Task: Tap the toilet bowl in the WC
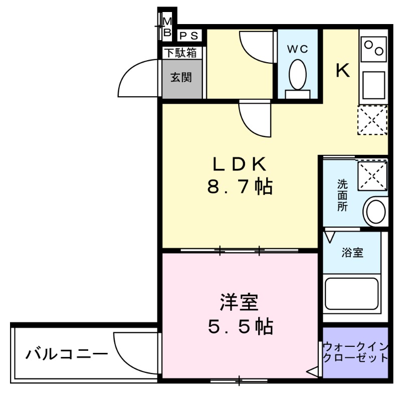coord(298,75)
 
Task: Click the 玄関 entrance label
coord(181,78)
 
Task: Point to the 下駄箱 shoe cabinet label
coord(181,52)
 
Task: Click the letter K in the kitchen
coord(342,72)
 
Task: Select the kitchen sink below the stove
coord(373,84)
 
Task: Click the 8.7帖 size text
coord(240,187)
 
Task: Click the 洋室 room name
coord(239,302)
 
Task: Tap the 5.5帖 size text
coord(240,327)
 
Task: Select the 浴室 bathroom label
coord(352,252)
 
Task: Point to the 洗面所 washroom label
coord(342,195)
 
